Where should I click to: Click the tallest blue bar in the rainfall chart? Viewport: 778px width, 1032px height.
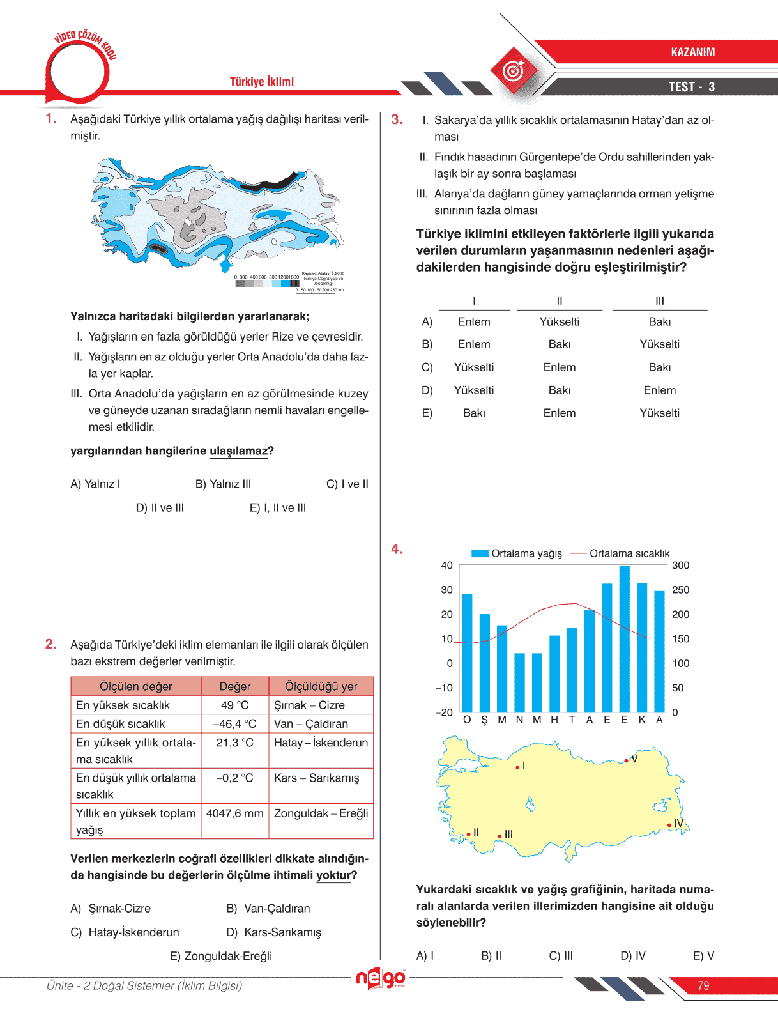point(624,639)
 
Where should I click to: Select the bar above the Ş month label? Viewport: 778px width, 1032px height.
point(484,663)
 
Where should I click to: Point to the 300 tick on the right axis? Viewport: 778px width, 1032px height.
point(680,566)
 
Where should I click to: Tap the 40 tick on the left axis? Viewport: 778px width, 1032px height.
point(446,566)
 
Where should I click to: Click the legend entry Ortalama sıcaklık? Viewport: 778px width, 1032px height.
point(629,553)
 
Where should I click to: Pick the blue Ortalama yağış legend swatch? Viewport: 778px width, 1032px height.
point(480,553)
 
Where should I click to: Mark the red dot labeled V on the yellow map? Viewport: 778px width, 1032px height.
point(627,760)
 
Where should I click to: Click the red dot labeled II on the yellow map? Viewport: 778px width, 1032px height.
point(468,834)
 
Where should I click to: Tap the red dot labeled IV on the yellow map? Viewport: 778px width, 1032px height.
point(669,825)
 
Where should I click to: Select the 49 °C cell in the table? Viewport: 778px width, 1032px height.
point(234,705)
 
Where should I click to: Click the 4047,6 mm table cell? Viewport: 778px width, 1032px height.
point(234,813)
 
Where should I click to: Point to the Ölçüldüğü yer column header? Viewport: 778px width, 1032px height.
point(321,686)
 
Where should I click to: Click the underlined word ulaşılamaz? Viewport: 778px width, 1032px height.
point(238,451)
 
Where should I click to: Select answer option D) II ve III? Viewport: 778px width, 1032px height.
point(160,508)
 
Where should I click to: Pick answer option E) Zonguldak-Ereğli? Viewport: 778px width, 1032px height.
point(221,956)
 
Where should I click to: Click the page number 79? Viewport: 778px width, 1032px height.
point(703,985)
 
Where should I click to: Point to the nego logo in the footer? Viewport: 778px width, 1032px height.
point(381,978)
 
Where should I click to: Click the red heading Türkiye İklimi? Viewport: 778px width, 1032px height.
point(262,82)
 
